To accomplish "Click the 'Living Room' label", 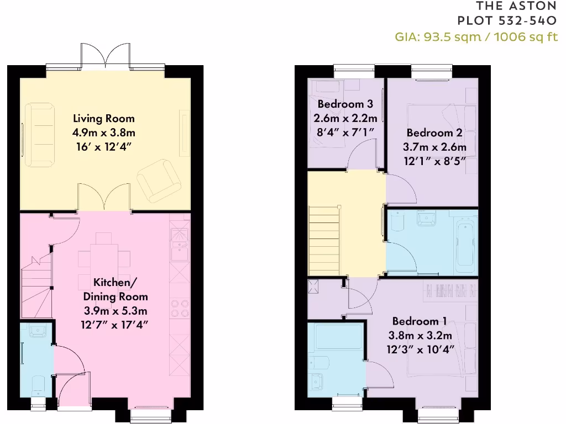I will coord(104,118).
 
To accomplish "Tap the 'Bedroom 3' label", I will coord(345,104).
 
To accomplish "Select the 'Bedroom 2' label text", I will coord(434,132).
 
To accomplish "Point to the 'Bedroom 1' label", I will coord(420,321).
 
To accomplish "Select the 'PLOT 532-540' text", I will coord(507,21).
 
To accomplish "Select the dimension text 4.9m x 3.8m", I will coord(104,132).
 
